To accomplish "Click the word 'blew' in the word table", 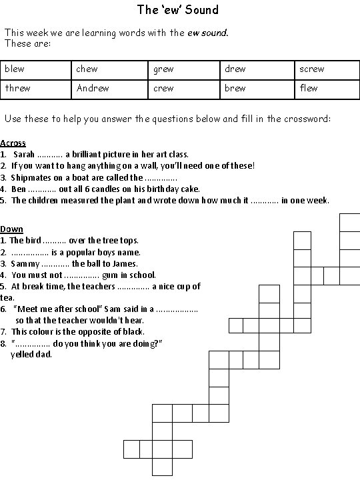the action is tap(14, 69).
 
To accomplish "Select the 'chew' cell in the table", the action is tap(87, 69).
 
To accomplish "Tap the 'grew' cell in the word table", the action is tap(163, 69).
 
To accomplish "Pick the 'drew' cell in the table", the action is tap(235, 69).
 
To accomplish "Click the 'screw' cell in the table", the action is tap(311, 69).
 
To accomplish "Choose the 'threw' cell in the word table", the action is tap(17, 88).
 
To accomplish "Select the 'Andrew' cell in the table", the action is tap(93, 88).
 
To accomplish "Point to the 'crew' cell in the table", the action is tap(163, 88).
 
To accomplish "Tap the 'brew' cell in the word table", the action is tap(235, 88).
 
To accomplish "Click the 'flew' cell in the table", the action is tap(309, 88).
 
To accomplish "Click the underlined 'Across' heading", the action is tap(13, 143).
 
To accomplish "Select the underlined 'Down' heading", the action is tap(11, 229).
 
